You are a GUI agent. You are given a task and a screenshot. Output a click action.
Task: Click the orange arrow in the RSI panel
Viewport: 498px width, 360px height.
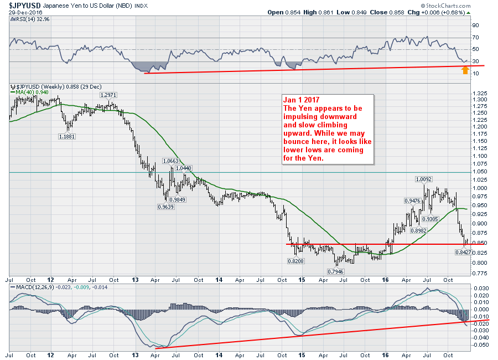pyautogui.click(x=466, y=71)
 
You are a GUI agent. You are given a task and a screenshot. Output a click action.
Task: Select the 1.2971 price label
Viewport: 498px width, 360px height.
pyautogui.click(x=107, y=95)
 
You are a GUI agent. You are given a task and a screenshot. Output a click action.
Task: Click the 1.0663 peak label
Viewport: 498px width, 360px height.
pyautogui.click(x=170, y=161)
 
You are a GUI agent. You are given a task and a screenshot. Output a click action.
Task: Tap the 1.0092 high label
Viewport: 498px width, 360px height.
pyautogui.click(x=424, y=179)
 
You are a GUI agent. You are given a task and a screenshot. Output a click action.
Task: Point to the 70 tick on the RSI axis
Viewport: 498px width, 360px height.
pyautogui.click(x=474, y=38)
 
